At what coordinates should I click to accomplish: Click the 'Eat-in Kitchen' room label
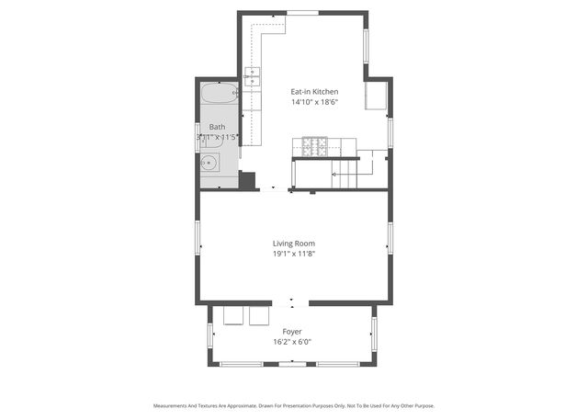(314, 92)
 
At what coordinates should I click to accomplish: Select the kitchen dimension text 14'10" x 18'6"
(314, 103)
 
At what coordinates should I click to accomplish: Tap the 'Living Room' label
(293, 244)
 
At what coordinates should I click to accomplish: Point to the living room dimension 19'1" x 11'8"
(293, 255)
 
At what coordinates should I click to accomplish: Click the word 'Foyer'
(292, 332)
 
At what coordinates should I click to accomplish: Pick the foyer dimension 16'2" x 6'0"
(292, 342)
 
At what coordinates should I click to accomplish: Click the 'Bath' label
(217, 127)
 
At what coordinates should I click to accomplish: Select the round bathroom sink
(209, 164)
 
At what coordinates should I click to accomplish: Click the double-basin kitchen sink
(253, 76)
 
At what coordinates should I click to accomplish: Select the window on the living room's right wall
(390, 237)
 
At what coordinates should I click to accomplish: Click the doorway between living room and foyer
(293, 302)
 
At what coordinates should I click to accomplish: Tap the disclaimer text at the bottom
(293, 405)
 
